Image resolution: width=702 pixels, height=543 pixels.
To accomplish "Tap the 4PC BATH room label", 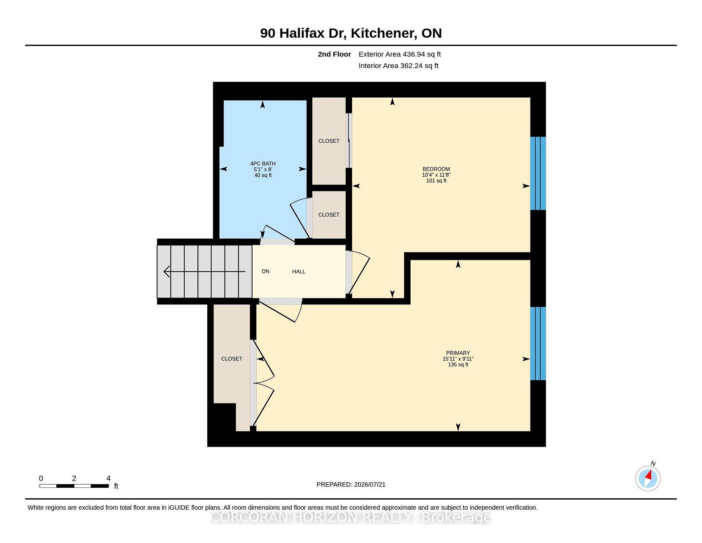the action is click(263, 164).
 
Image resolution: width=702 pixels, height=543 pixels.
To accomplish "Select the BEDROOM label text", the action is click(436, 169).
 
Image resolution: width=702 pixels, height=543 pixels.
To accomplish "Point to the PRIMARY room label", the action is click(458, 353).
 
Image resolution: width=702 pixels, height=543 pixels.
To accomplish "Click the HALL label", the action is click(299, 271).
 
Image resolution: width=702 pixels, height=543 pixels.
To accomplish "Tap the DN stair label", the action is click(265, 271).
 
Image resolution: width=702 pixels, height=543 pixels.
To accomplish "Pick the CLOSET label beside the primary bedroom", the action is click(232, 359).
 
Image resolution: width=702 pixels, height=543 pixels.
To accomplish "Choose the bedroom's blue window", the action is click(538, 173).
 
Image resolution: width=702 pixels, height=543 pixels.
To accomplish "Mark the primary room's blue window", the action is click(538, 344).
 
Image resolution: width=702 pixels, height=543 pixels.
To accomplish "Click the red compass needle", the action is click(649, 475).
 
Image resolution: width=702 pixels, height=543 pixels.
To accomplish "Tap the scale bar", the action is click(74, 486).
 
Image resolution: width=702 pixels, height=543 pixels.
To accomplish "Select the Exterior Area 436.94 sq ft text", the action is click(400, 54).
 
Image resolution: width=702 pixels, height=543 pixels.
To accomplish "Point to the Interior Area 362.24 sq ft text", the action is click(399, 65).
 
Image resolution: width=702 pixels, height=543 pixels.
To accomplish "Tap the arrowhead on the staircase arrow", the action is click(167, 271).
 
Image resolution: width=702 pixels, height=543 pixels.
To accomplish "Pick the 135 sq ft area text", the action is click(458, 364).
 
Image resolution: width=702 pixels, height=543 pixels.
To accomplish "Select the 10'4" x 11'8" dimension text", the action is click(436, 175).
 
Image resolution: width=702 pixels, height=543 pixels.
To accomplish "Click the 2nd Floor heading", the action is click(334, 54).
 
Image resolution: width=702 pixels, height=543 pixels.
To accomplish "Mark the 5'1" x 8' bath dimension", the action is click(263, 169).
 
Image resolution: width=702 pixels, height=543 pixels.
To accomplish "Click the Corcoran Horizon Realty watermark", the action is click(351, 517).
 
